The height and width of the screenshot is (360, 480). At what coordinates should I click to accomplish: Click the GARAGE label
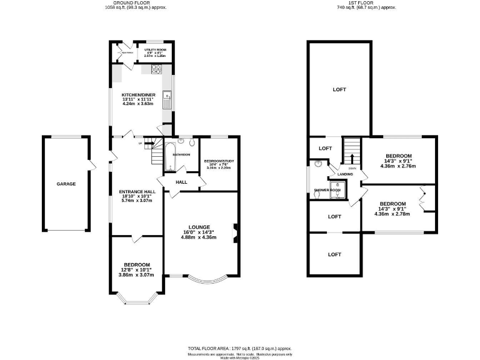(66, 184)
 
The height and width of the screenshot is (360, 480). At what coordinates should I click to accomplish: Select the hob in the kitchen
(156, 70)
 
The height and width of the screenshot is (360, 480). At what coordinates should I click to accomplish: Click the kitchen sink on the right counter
(166, 97)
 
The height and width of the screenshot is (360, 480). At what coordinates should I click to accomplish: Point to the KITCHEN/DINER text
(138, 94)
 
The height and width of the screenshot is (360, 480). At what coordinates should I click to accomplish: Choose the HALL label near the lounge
(181, 182)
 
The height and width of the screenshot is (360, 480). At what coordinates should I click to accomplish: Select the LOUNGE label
(200, 227)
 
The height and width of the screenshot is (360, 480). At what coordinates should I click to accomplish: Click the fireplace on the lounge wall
(235, 232)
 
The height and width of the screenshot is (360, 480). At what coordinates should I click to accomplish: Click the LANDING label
(345, 174)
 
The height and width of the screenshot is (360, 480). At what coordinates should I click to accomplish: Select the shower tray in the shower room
(338, 189)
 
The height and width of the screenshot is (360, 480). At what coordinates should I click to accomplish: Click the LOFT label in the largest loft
(339, 90)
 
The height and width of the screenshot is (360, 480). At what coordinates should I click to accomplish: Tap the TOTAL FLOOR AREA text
(239, 348)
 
